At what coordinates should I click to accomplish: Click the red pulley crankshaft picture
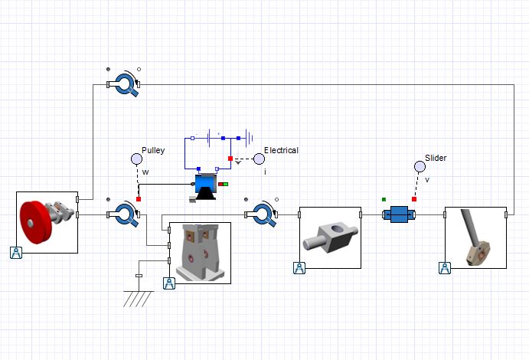click(47, 222)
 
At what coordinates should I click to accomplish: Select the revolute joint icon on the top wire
click(126, 84)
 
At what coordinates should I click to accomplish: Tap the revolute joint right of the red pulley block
click(124, 214)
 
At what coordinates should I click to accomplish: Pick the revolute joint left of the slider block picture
click(263, 214)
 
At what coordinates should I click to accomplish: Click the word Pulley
click(153, 150)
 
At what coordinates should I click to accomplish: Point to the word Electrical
click(281, 150)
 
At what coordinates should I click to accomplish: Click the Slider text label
click(436, 158)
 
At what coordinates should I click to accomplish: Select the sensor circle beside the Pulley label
click(137, 159)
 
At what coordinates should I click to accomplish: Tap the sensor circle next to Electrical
click(259, 159)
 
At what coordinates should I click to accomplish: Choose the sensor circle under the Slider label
click(419, 166)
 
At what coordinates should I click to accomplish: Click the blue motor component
click(205, 187)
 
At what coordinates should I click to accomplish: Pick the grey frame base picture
click(200, 252)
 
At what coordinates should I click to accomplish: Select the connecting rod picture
click(475, 237)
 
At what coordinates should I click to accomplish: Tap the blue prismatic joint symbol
click(398, 215)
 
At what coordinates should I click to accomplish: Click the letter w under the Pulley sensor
click(145, 172)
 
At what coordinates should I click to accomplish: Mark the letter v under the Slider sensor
click(427, 179)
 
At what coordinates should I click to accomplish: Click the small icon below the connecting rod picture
click(445, 267)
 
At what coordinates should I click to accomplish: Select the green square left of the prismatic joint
click(384, 199)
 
